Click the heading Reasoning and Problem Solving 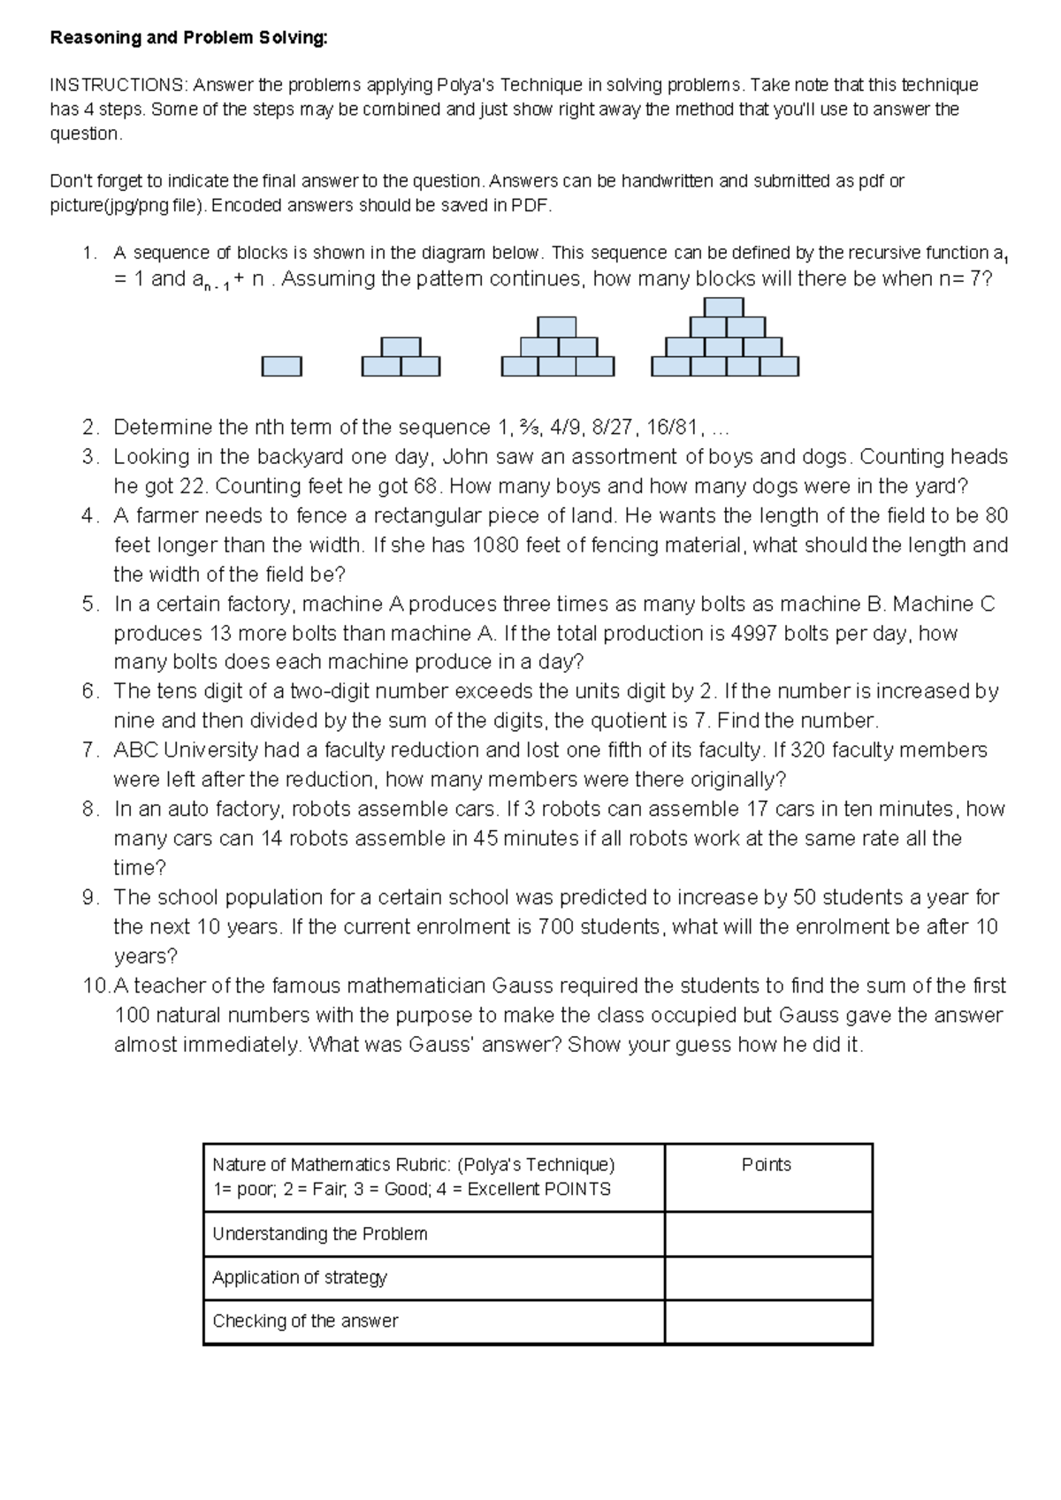(188, 38)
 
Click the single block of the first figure (281, 366)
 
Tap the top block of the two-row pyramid (401, 346)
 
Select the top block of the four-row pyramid (723, 308)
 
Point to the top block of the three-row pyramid (557, 327)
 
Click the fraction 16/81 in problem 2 (673, 428)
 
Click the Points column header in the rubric (766, 1165)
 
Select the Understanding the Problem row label (319, 1234)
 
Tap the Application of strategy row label (300, 1277)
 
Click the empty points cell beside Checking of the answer (767, 1321)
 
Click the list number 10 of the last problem (95, 986)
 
